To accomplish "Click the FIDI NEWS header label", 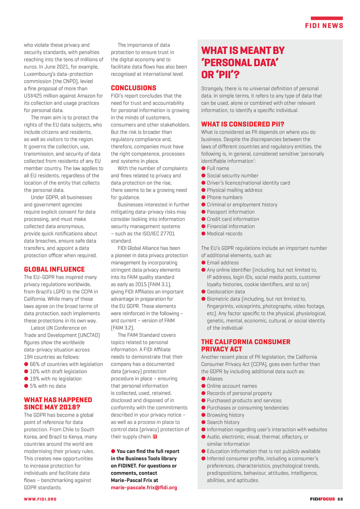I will click(324, 26).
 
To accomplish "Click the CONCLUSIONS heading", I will click(134, 88).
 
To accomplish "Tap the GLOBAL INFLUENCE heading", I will click(54, 269).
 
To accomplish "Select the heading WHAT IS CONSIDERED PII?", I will click(243, 124).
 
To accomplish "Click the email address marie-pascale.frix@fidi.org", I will click(144, 488).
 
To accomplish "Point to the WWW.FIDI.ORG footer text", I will click(40, 499).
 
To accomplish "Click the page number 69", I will click(340, 499).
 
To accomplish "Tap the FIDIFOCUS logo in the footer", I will click(322, 499).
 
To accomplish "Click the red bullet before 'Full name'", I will click(203, 168).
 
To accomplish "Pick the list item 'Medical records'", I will click(225, 234).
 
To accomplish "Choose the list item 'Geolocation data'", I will click(226, 292).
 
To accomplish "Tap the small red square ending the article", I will click(155, 437).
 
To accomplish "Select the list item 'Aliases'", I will click(215, 379).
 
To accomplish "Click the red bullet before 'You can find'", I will click(113, 451).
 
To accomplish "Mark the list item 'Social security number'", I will click(232, 176).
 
